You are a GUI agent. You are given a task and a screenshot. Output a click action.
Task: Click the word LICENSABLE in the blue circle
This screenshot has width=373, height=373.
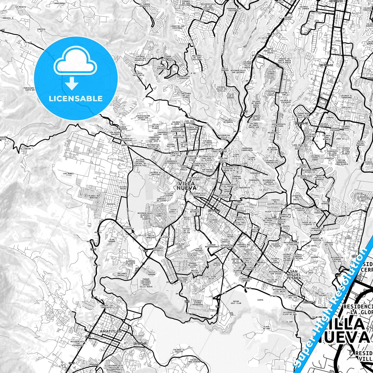pos(76,98)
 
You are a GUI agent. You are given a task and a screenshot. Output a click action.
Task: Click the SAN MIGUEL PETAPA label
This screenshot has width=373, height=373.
pos(295,275)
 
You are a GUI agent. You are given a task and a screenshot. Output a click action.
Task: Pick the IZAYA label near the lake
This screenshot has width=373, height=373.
pos(260,300)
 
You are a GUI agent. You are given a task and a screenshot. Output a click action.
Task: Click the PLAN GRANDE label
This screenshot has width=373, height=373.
pos(112,241)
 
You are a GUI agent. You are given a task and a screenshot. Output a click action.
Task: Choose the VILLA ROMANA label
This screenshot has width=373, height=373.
pos(152,273)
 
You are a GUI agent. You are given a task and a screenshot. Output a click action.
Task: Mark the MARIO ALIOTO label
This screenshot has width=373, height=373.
pos(216,264)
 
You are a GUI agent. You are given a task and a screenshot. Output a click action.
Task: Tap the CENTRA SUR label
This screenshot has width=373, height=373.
pos(284,93)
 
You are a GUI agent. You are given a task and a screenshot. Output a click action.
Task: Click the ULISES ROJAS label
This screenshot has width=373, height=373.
pos(123,188)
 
